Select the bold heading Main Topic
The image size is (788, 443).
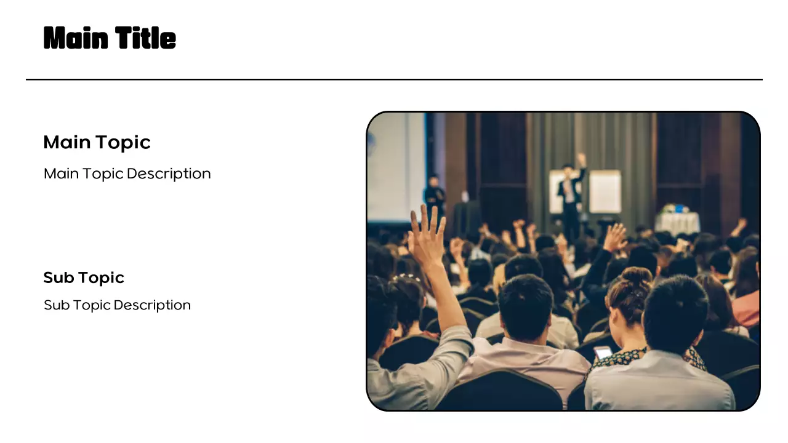pos(97,142)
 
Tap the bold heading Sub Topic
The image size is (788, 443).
pos(84,277)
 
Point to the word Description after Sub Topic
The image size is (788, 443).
pos(152,305)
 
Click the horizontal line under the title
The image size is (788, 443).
pos(394,79)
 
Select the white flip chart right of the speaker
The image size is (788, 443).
pos(605,192)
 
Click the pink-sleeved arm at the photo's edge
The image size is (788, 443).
pos(747,308)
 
